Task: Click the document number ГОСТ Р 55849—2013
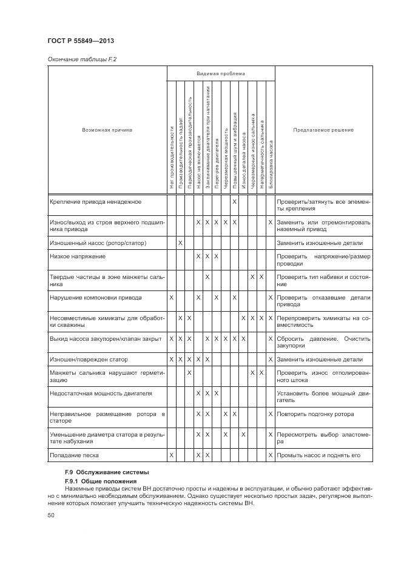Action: point(81,41)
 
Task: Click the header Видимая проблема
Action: point(221,74)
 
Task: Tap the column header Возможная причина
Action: point(107,130)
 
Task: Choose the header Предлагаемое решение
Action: point(323,130)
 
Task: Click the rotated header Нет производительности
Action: point(172,158)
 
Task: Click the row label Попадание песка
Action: point(74,455)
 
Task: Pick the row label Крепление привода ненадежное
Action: point(95,201)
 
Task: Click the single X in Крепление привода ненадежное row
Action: point(234,201)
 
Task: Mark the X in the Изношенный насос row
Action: point(181,243)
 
